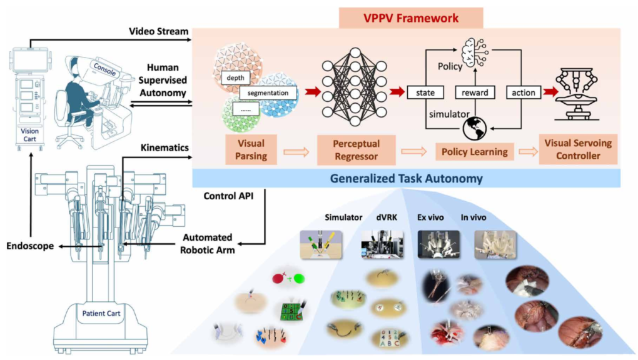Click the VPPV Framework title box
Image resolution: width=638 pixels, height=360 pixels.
tap(411, 17)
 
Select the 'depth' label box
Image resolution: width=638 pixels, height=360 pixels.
tap(235, 79)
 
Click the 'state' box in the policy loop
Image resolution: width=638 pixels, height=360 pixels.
tap(425, 92)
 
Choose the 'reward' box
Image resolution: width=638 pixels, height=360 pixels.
tap(474, 92)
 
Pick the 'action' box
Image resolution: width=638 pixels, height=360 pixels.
tap(524, 92)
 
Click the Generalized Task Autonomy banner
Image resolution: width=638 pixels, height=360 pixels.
tap(407, 178)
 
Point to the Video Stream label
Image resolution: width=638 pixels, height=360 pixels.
tap(158, 31)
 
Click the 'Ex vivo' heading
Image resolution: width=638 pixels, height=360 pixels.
tap(432, 217)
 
